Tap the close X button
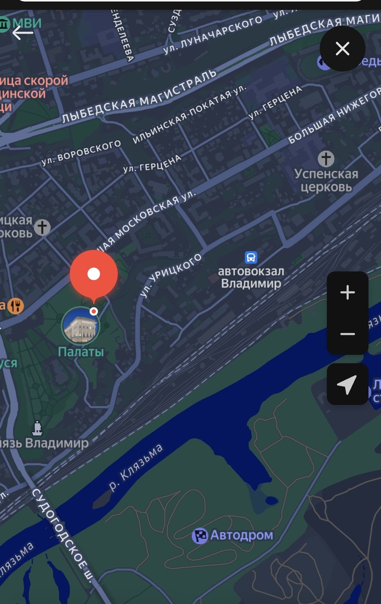342,49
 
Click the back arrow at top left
23,33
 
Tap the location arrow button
347,385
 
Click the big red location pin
93,274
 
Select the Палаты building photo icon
80,326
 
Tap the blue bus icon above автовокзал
251,258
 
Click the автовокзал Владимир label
251,277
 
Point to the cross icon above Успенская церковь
326,159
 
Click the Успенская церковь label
326,181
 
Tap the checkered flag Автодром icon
200,536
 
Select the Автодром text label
242,535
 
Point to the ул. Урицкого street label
171,275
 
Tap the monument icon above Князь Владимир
37,428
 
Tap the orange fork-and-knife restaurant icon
16,306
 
